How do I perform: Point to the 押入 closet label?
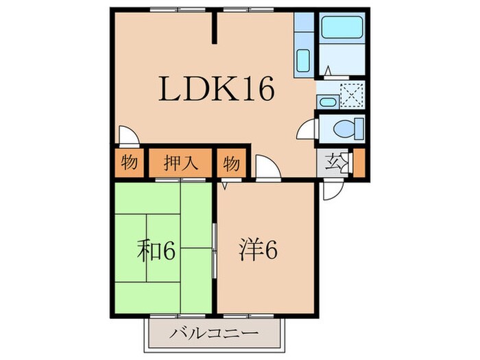[x=181, y=164]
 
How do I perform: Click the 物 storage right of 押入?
[x=231, y=164]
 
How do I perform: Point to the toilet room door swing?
[x=307, y=130]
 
